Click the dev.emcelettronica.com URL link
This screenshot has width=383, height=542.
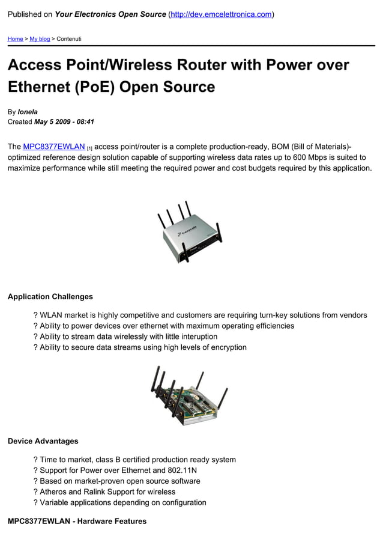coord(221,14)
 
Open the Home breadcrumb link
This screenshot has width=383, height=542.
coord(15,39)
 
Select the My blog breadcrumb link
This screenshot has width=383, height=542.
coord(40,39)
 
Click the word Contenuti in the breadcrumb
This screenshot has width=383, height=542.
coord(69,39)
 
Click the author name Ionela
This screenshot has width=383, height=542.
coord(28,112)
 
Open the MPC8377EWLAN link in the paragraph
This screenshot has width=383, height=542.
coord(54,147)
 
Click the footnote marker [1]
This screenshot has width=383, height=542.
coord(89,148)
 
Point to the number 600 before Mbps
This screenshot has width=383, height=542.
coord(295,157)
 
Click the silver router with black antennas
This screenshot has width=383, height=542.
coord(190,232)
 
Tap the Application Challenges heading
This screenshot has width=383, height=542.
coord(50,296)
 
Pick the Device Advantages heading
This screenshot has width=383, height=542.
coord(43,441)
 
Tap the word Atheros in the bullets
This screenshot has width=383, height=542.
coord(54,492)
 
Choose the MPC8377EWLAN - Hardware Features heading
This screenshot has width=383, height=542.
coord(77,521)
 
